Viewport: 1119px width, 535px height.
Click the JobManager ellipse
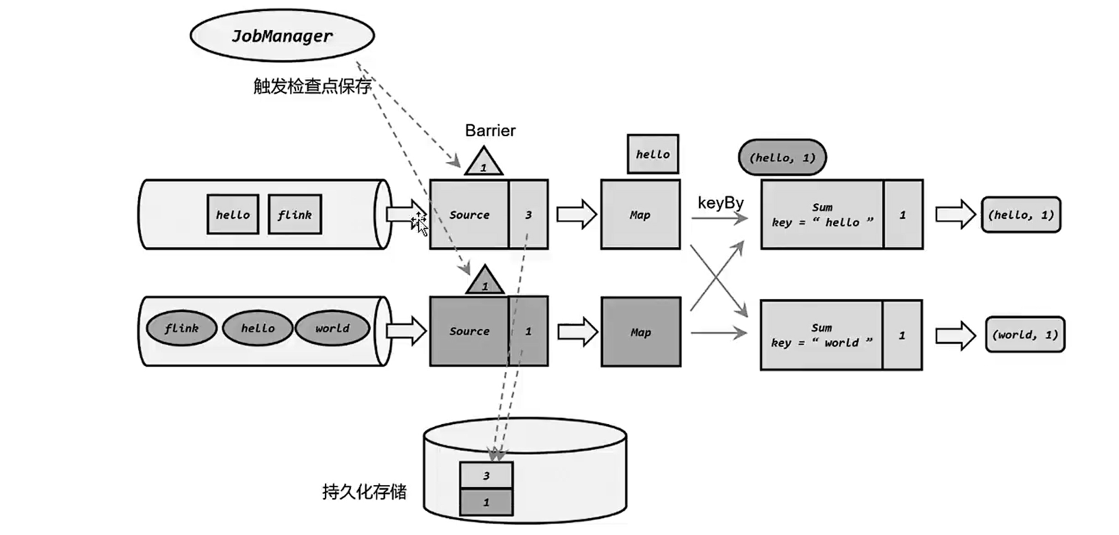[282, 36]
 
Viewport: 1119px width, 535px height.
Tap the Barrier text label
[490, 131]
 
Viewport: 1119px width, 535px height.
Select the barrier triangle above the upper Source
[484, 164]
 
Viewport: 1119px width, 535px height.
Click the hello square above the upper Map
[653, 154]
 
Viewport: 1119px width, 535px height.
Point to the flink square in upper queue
[295, 215]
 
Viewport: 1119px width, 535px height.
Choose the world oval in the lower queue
[332, 328]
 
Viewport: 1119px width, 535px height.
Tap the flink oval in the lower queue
[181, 328]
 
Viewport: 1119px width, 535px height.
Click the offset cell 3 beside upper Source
[528, 215]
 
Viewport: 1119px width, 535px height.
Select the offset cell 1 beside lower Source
[528, 331]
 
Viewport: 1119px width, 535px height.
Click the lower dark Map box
[640, 332]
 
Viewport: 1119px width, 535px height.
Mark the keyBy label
[720, 203]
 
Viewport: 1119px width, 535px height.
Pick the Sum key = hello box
[822, 215]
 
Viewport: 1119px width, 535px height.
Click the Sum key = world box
[821, 335]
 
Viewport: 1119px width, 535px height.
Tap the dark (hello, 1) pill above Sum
[782, 157]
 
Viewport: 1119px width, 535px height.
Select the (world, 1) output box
[1025, 335]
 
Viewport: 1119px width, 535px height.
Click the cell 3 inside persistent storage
[486, 475]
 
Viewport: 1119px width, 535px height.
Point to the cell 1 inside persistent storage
[486, 502]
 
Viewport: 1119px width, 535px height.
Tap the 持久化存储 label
[364, 491]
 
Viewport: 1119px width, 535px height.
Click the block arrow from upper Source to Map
[576, 215]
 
